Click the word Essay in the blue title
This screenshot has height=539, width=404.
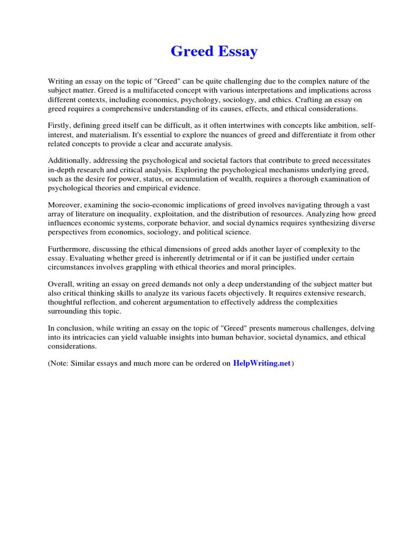click(x=235, y=52)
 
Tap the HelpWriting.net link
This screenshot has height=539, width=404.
click(x=261, y=364)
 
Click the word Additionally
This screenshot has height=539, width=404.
click(x=69, y=161)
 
